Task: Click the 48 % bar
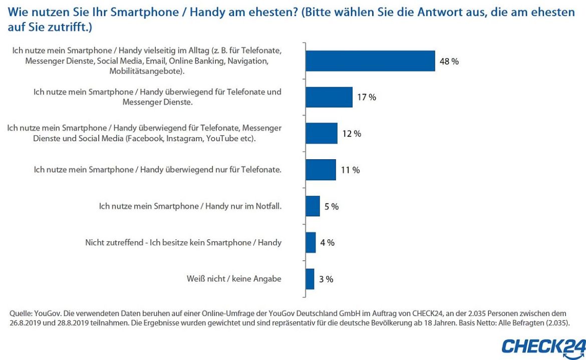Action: click(x=370, y=61)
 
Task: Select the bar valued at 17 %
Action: click(x=329, y=97)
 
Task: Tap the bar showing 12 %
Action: click(x=322, y=134)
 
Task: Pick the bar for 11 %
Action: click(x=321, y=170)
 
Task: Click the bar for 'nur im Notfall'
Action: click(x=313, y=206)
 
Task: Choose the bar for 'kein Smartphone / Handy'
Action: click(x=311, y=242)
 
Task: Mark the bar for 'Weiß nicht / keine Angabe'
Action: click(x=310, y=279)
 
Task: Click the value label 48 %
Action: click(x=449, y=62)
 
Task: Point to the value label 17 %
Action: click(x=367, y=98)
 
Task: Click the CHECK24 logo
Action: click(x=543, y=346)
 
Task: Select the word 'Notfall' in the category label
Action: click(x=268, y=206)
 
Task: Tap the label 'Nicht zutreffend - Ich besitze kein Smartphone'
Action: click(x=183, y=242)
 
